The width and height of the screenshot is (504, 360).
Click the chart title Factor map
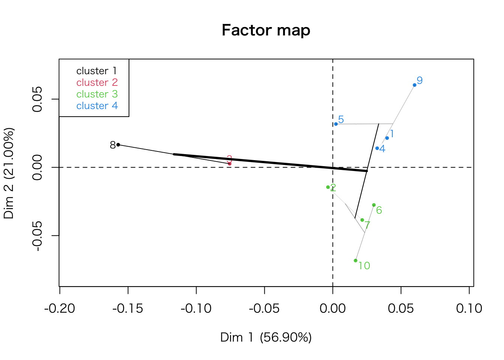pos(266,30)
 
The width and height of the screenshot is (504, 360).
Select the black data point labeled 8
pos(118,145)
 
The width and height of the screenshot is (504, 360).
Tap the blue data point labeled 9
pos(414,85)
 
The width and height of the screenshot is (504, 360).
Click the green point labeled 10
pos(355,261)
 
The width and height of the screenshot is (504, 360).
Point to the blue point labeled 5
pos(336,124)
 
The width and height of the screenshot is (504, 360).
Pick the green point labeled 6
pos(374,205)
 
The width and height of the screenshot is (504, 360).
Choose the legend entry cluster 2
pos(97,82)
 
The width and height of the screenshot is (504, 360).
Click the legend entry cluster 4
pos(97,106)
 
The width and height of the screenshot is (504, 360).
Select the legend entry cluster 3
pos(97,94)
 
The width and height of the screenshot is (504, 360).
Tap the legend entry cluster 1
pos(97,71)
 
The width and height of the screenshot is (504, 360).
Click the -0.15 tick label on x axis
pos(128,309)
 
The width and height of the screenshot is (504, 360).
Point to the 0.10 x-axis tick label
pos(469,309)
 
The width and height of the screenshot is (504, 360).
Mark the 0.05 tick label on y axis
pos(37,99)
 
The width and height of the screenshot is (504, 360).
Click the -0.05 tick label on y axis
pos(37,235)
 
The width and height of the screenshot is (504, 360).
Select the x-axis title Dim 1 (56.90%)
pos(266,337)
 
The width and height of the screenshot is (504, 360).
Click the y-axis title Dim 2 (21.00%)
pos(9,173)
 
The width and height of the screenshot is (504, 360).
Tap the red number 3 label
pos(229,159)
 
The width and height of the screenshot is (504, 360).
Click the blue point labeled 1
pos(387,138)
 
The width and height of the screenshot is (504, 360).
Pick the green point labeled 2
pos(328,187)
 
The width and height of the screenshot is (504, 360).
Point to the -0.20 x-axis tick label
pos(60,309)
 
